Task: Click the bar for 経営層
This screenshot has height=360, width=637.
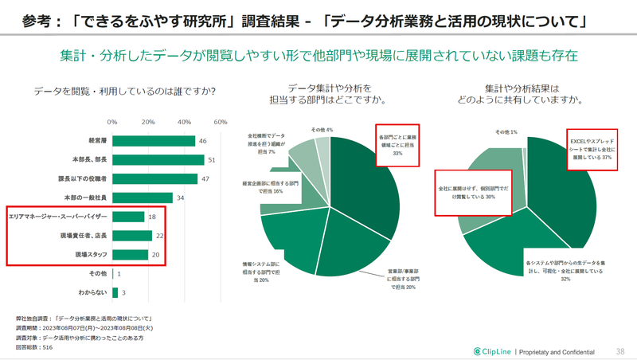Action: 154,141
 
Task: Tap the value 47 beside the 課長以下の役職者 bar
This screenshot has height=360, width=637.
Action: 205,178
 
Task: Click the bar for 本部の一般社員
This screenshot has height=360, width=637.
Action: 143,198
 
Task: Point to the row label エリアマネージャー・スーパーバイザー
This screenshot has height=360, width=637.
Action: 57,217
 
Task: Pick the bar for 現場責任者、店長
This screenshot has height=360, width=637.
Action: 132,236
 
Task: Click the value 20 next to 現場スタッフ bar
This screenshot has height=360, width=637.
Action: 156,255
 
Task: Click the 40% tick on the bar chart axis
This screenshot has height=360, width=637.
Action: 185,122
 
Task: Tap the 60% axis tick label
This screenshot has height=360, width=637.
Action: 221,122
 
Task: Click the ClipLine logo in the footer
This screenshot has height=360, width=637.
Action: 492,350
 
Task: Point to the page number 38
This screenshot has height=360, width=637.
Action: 620,350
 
